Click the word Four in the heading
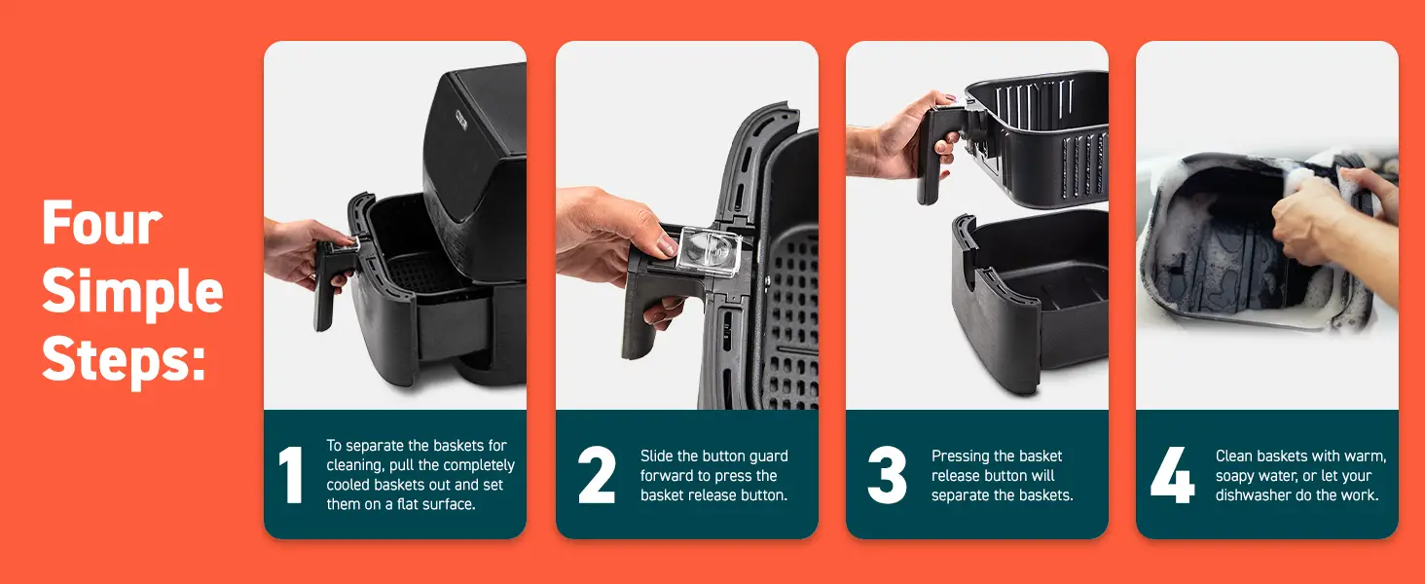(x=101, y=224)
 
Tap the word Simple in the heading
(x=132, y=292)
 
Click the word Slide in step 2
(x=658, y=456)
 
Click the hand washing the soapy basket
(x=1324, y=219)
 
